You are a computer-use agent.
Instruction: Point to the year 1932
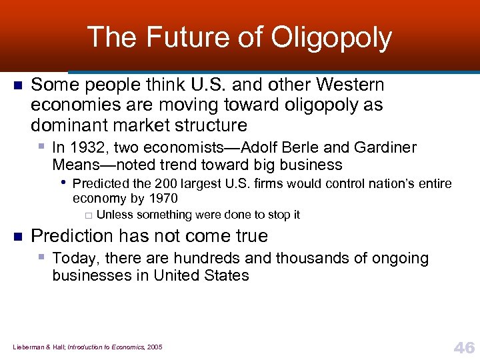(x=87, y=148)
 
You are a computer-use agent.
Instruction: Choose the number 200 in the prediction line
(x=166, y=183)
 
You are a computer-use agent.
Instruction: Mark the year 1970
(x=163, y=198)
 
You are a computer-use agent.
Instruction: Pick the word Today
(x=72, y=259)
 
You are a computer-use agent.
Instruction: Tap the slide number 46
(x=463, y=347)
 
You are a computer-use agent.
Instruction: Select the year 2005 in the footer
(x=154, y=347)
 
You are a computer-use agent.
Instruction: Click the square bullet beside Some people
(x=18, y=86)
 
